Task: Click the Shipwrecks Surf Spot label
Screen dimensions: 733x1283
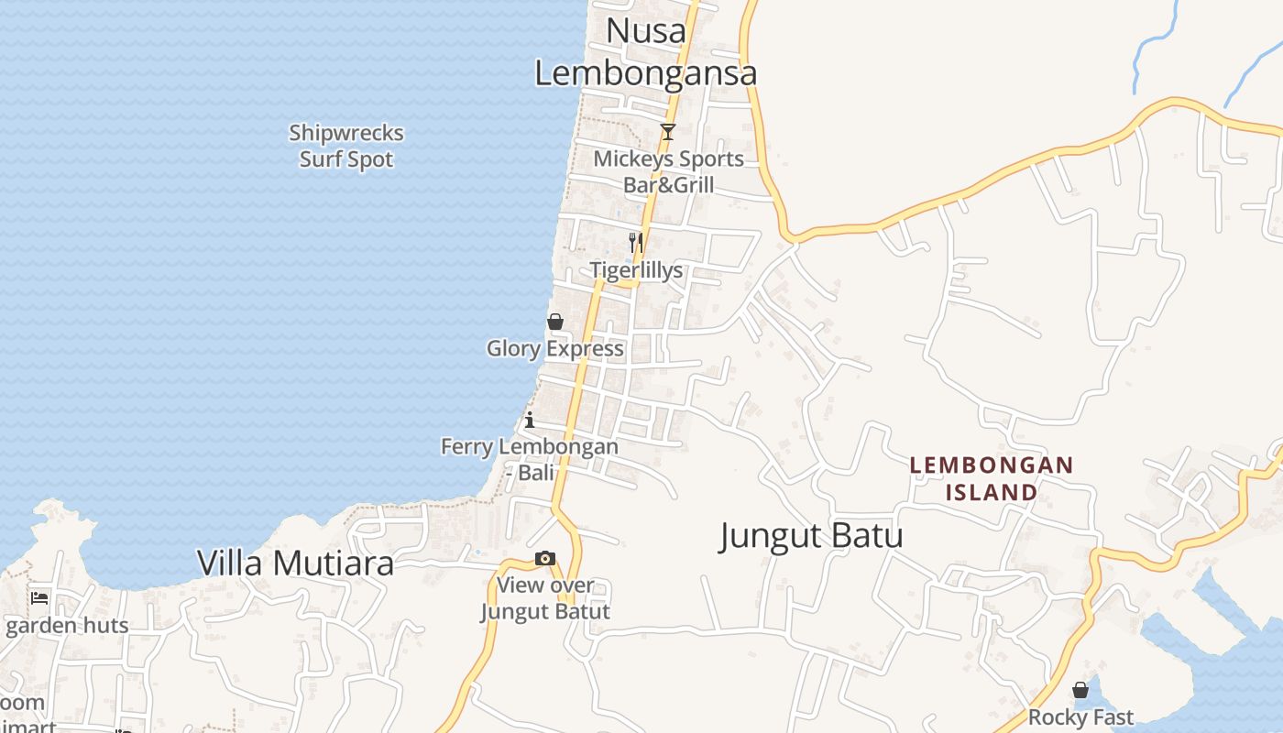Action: [346, 146]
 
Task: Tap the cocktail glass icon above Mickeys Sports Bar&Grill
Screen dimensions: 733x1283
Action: [668, 132]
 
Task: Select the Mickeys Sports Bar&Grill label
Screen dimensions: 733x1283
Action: [669, 171]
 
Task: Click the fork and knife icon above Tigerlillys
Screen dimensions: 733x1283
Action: [636, 243]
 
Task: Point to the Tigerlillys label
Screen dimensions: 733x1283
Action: [636, 270]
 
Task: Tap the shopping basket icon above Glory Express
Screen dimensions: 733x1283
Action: [555, 322]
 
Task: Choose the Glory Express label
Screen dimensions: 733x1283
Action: [555, 348]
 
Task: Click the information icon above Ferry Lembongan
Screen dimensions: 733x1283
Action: [530, 421]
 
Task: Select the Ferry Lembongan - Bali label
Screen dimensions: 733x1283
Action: [530, 459]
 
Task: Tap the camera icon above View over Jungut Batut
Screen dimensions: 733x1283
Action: [545, 558]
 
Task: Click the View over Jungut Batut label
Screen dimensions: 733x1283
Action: [545, 597]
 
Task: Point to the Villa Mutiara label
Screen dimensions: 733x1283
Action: [296, 563]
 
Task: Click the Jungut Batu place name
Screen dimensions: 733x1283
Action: [811, 536]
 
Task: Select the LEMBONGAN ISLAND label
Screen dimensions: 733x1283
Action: [991, 478]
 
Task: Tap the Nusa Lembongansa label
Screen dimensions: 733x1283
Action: [646, 51]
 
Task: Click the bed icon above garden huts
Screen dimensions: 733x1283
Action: [39, 598]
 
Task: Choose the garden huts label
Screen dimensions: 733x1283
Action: [67, 626]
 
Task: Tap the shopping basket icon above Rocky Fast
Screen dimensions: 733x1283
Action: [1080, 690]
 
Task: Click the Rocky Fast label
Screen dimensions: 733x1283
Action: [1080, 717]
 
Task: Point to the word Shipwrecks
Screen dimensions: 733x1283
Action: [346, 133]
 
